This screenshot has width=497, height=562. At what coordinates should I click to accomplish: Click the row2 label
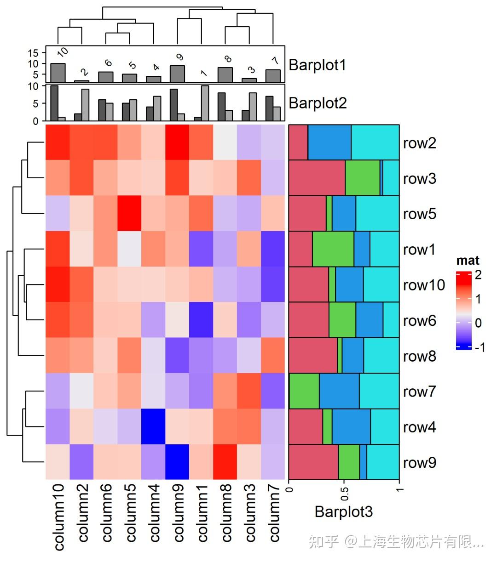pos(419,143)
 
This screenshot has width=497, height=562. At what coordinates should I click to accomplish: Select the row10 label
pos(424,285)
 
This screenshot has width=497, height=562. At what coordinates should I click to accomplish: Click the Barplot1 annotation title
pos(317,65)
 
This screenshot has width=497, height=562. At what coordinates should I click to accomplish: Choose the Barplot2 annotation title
pos(317,103)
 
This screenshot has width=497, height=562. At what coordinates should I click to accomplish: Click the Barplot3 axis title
pos(343,511)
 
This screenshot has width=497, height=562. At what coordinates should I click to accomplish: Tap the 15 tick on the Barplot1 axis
pos(33,53)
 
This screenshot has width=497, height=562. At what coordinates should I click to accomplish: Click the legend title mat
pos(468,261)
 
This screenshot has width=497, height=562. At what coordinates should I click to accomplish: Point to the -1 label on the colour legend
pos(480,347)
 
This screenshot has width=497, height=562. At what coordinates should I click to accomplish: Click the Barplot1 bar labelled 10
pos(58,73)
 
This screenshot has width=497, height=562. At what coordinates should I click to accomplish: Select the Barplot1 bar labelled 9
pos(177,74)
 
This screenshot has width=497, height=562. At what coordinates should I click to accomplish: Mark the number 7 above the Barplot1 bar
pos(275,61)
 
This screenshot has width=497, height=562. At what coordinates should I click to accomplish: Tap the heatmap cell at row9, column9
pos(177,462)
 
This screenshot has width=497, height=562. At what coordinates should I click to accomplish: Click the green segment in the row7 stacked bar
pos(304,391)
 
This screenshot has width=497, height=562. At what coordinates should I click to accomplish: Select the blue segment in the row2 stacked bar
pos(329,142)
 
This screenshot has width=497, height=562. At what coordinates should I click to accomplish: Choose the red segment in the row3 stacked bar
pos(317,178)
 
